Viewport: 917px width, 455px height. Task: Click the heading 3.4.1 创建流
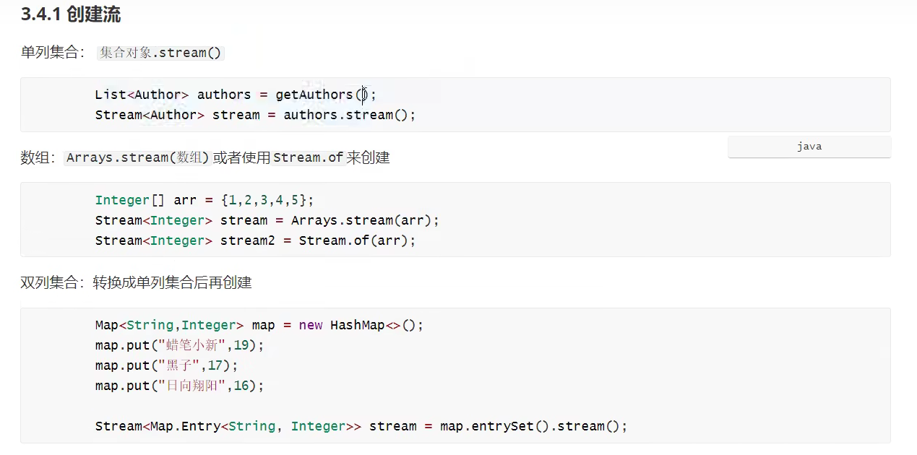71,14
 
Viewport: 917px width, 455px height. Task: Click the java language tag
809,147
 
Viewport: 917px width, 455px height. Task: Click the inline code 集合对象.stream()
160,53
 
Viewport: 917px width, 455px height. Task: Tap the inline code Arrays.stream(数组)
137,157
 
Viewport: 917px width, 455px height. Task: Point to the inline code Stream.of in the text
308,157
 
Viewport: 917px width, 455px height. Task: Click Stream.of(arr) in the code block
357,240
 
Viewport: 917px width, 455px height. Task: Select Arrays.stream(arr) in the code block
365,220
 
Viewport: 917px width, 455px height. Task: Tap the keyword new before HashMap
311,325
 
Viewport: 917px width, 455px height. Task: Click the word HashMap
357,325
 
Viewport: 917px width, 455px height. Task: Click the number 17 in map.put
215,365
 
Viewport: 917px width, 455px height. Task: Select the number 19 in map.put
241,345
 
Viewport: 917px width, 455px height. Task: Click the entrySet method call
503,426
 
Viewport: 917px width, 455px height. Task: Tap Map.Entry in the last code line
185,426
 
